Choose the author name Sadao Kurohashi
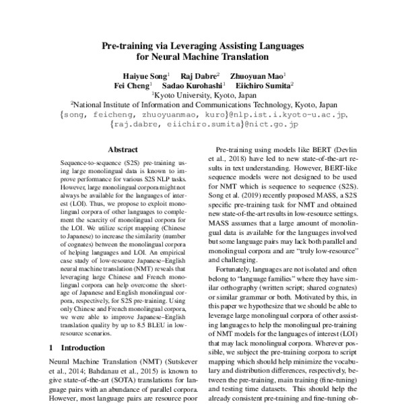[189, 86]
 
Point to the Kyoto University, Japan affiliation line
[203, 96]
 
